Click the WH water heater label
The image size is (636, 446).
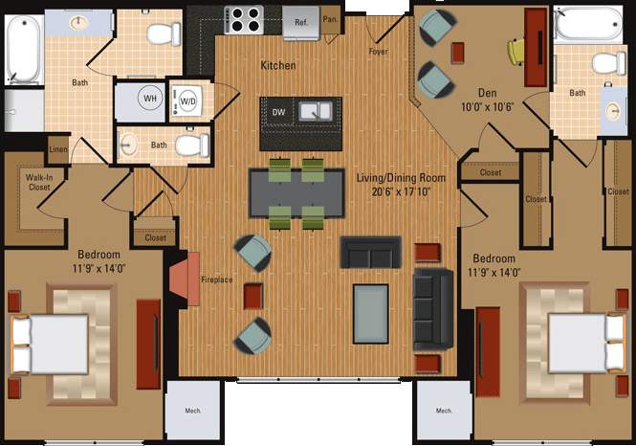[x=150, y=99]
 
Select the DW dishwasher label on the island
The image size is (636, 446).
[x=278, y=113]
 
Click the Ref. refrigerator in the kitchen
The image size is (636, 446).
[x=301, y=20]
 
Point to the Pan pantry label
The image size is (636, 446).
[x=330, y=18]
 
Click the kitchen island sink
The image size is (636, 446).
[x=315, y=111]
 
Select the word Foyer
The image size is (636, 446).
[x=378, y=52]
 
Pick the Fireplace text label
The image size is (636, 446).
[x=216, y=280]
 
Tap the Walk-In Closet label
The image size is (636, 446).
[x=39, y=183]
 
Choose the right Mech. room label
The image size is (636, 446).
[x=444, y=411]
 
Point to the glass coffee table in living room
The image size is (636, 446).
[x=371, y=311]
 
